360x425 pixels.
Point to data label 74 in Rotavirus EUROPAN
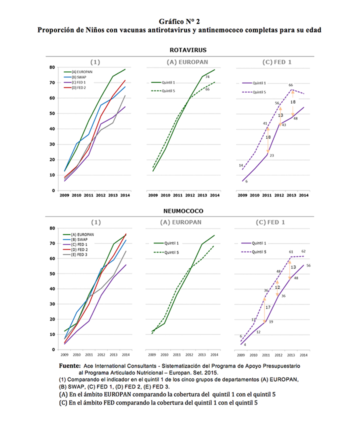coord(207,76)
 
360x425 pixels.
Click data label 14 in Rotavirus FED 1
coord(240,165)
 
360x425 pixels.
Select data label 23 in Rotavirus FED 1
coord(271,156)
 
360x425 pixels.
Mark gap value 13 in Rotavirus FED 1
coord(280,115)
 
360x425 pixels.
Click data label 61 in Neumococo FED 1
coord(291,252)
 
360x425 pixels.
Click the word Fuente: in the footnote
coord(70,366)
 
